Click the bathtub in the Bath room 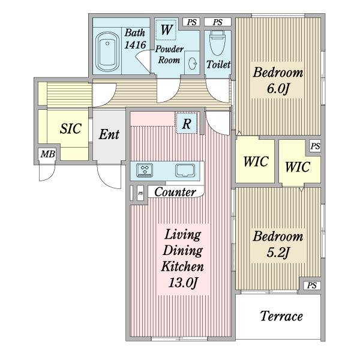(x=107, y=52)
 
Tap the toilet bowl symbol (x=217, y=43)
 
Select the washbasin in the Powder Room (x=192, y=62)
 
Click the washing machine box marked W (x=166, y=30)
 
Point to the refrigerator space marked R (x=187, y=123)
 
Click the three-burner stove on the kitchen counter (x=145, y=170)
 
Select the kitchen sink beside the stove (x=185, y=170)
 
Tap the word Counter (x=175, y=192)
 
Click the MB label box (x=47, y=154)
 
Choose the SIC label (x=71, y=128)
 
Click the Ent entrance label (x=109, y=134)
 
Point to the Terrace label (x=282, y=316)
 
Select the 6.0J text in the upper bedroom (x=278, y=89)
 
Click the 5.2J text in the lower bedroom (x=278, y=253)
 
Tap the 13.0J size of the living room (x=183, y=283)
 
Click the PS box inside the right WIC (x=315, y=146)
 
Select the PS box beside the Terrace (x=312, y=286)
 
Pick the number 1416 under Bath (x=135, y=45)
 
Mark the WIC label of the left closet (x=256, y=161)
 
